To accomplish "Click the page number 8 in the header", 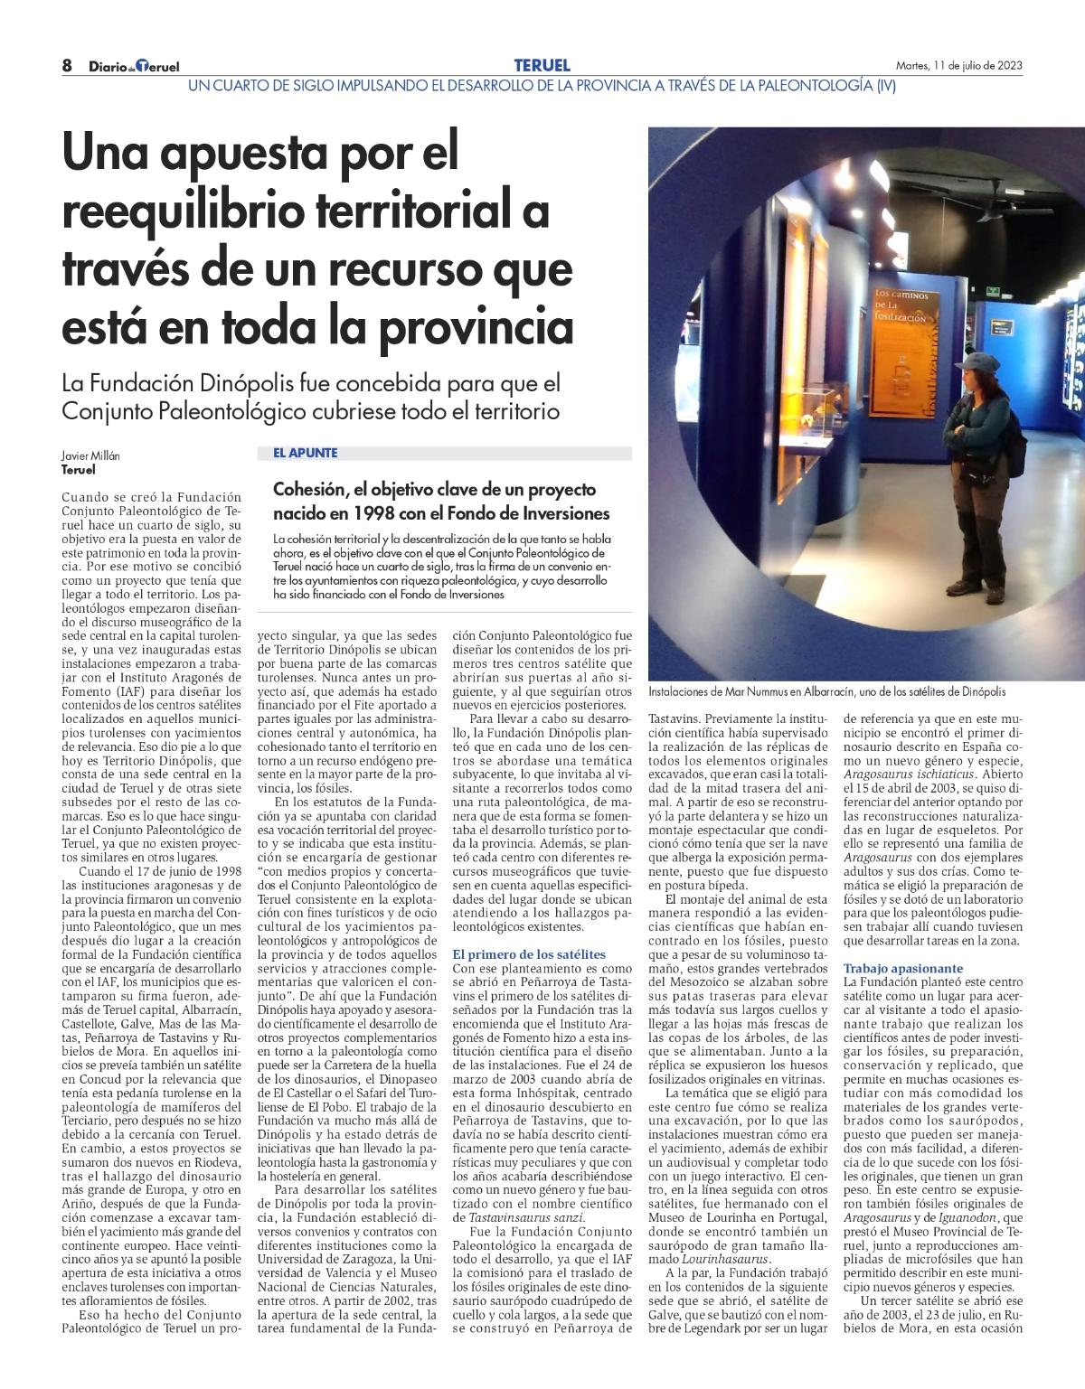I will pyautogui.click(x=67, y=66).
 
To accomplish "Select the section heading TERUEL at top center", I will pyautogui.click(x=542, y=65).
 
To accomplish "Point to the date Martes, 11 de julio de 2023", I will pyautogui.click(x=958, y=65).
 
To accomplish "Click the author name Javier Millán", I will pyautogui.click(x=90, y=457).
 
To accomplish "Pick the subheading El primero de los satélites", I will pyautogui.click(x=529, y=954).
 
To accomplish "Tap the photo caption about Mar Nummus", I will pyautogui.click(x=826, y=691).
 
